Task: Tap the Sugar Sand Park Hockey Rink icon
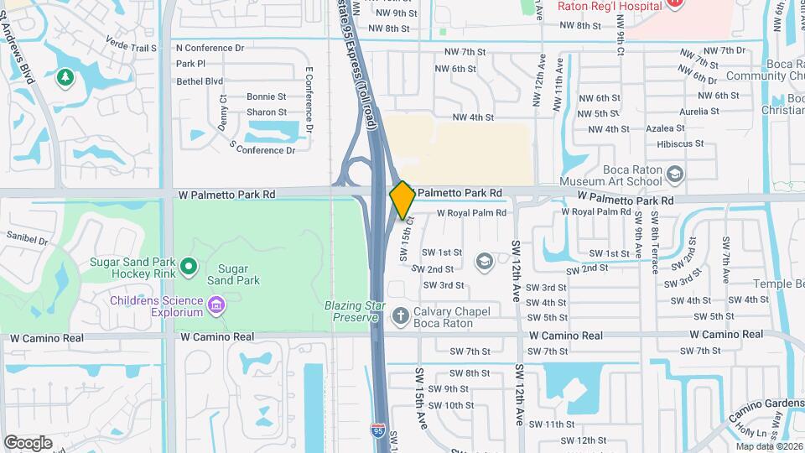tap(189, 268)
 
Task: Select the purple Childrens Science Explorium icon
tap(217, 303)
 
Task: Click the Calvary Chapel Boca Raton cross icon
tap(400, 316)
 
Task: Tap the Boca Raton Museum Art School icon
tap(675, 174)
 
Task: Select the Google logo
tap(28, 443)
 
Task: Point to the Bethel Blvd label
tap(200, 81)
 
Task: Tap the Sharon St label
tap(267, 112)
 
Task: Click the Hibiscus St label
tap(680, 144)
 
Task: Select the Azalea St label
tap(665, 129)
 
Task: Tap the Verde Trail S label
tap(131, 48)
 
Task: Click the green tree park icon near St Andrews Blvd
tap(64, 78)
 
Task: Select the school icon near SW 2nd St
tap(483, 262)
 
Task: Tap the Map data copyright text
tap(766, 445)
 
